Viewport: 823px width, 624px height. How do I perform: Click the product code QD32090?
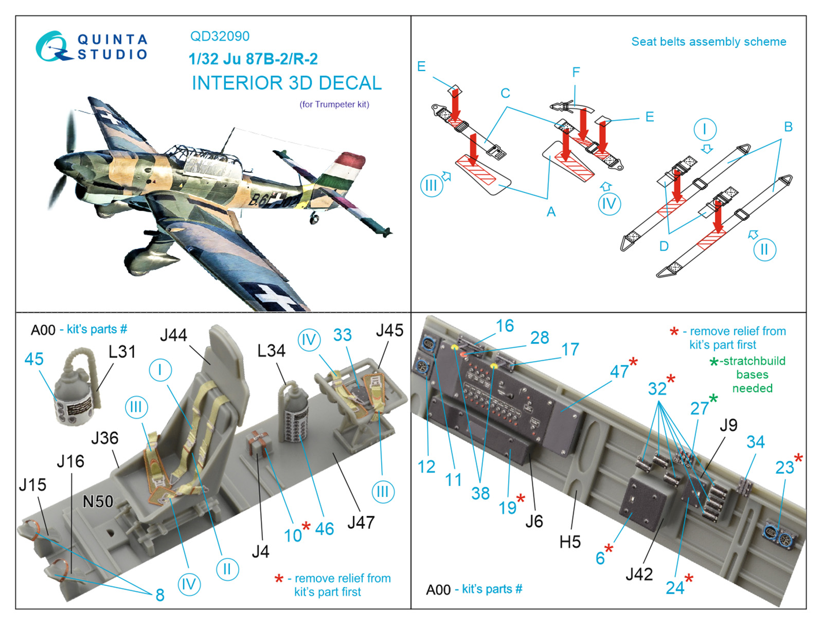pyautogui.click(x=220, y=36)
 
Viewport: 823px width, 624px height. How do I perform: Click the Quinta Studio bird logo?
pyautogui.click(x=53, y=47)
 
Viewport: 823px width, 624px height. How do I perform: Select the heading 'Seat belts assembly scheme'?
pyautogui.click(x=708, y=42)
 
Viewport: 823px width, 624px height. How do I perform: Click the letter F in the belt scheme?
pyautogui.click(x=576, y=72)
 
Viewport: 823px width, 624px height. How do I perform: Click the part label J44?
pyautogui.click(x=173, y=335)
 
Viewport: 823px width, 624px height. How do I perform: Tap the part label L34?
pyautogui.click(x=271, y=351)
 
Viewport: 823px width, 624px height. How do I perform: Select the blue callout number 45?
pyautogui.click(x=34, y=359)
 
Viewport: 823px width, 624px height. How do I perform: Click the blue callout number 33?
pyautogui.click(x=342, y=335)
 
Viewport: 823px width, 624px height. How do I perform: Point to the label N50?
pyautogui.click(x=98, y=502)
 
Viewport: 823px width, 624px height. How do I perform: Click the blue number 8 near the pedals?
pyautogui.click(x=160, y=595)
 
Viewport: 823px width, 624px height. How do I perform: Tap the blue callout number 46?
pyautogui.click(x=325, y=529)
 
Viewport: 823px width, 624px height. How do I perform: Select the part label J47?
pyautogui.click(x=361, y=523)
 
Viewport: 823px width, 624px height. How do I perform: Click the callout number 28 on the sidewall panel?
pyautogui.click(x=540, y=337)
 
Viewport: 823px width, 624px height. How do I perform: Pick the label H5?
pyautogui.click(x=570, y=542)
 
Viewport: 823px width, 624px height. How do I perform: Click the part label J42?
pyautogui.click(x=639, y=574)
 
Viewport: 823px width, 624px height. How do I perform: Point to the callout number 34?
pyautogui.click(x=755, y=442)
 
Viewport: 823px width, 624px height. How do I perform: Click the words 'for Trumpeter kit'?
pyautogui.click(x=334, y=104)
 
